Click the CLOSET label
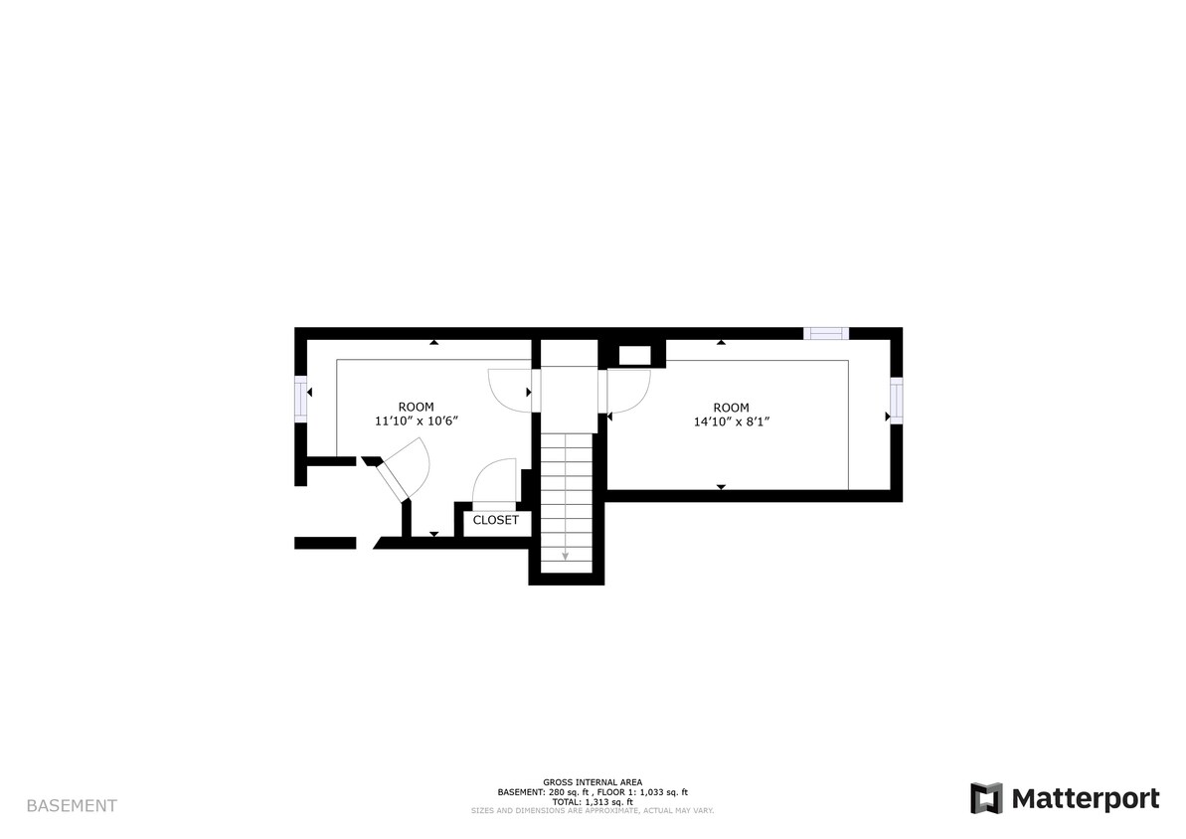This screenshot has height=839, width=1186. (x=495, y=520)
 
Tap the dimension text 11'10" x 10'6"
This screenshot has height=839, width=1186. (x=416, y=421)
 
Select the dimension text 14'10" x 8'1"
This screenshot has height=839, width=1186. (x=732, y=421)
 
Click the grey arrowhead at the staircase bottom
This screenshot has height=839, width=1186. (x=565, y=557)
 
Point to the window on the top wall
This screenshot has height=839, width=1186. (x=826, y=334)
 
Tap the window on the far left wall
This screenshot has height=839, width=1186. (x=301, y=399)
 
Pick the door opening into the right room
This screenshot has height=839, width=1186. (x=628, y=391)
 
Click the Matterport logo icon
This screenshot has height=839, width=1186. (x=986, y=798)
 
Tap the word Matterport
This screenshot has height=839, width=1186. (x=1086, y=798)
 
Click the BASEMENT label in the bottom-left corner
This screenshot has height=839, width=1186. (x=72, y=806)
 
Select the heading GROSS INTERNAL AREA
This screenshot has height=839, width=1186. (x=593, y=782)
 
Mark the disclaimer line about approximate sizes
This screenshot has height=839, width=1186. (x=593, y=810)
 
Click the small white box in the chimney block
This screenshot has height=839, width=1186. (x=633, y=355)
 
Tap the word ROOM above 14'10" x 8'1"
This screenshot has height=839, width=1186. (x=731, y=408)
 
